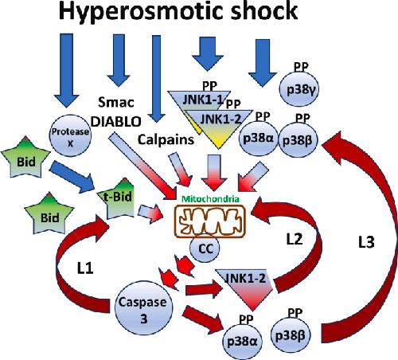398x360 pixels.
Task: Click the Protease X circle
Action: pyautogui.click(x=70, y=135)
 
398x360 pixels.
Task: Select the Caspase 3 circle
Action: pyautogui.click(x=143, y=307)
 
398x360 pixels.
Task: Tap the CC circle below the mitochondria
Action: pyautogui.click(x=205, y=248)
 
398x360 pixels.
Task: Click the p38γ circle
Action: pyautogui.click(x=299, y=88)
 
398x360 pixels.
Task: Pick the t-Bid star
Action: pyautogui.click(x=119, y=199)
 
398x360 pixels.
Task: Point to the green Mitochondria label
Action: pyautogui.click(x=210, y=198)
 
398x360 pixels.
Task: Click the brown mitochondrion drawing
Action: pyautogui.click(x=209, y=221)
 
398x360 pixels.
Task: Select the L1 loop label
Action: pyautogui.click(x=85, y=268)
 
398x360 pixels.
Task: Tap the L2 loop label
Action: pyautogui.click(x=295, y=239)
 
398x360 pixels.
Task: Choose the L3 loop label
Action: pyautogui.click(x=366, y=242)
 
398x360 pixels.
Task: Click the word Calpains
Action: pyautogui.click(x=166, y=139)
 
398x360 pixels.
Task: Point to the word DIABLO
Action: pyautogui.click(x=116, y=122)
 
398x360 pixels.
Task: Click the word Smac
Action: pyautogui.click(x=116, y=102)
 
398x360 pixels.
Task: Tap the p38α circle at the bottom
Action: pyautogui.click(x=243, y=341)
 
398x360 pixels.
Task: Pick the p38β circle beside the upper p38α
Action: pyautogui.click(x=297, y=140)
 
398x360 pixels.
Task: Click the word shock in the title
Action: pyautogui.click(x=263, y=11)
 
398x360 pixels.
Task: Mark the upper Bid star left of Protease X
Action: pyautogui.click(x=25, y=158)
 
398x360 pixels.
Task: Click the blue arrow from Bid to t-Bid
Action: pyautogui.click(x=72, y=177)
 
